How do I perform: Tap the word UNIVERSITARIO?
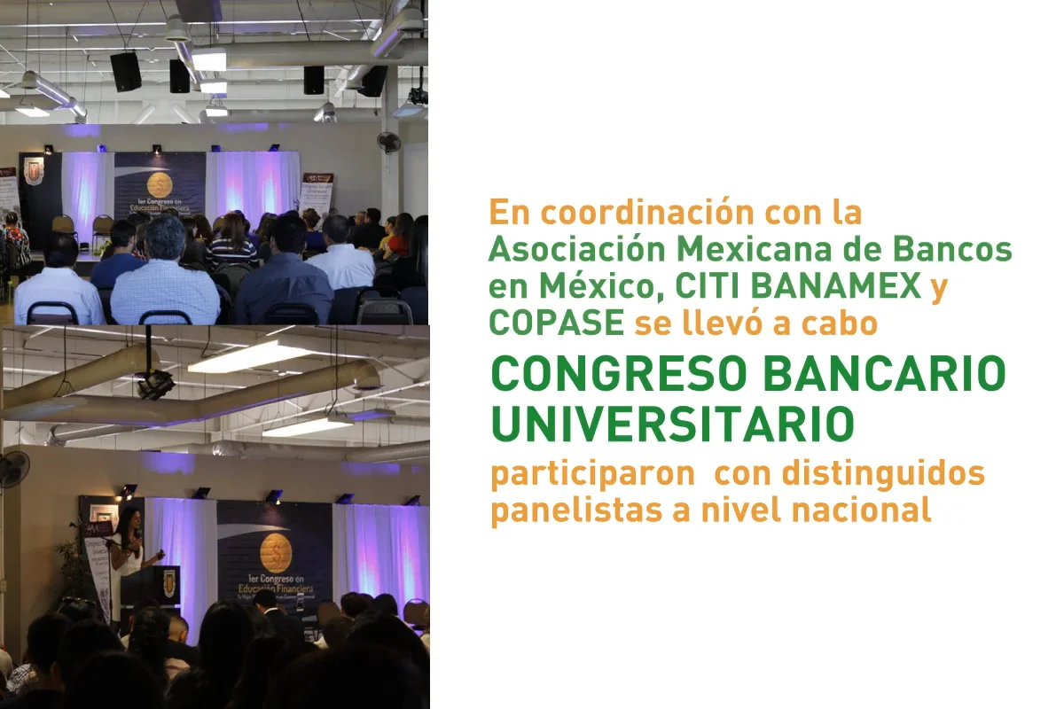coord(673,424)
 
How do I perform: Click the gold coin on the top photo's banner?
coord(160,184)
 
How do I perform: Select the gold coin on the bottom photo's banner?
coord(275,552)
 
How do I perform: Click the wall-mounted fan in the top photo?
coord(388,141)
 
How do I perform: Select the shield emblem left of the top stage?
coord(33,171)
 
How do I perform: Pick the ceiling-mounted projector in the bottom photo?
coord(154,383)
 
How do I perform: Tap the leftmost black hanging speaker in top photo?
coord(125,71)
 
